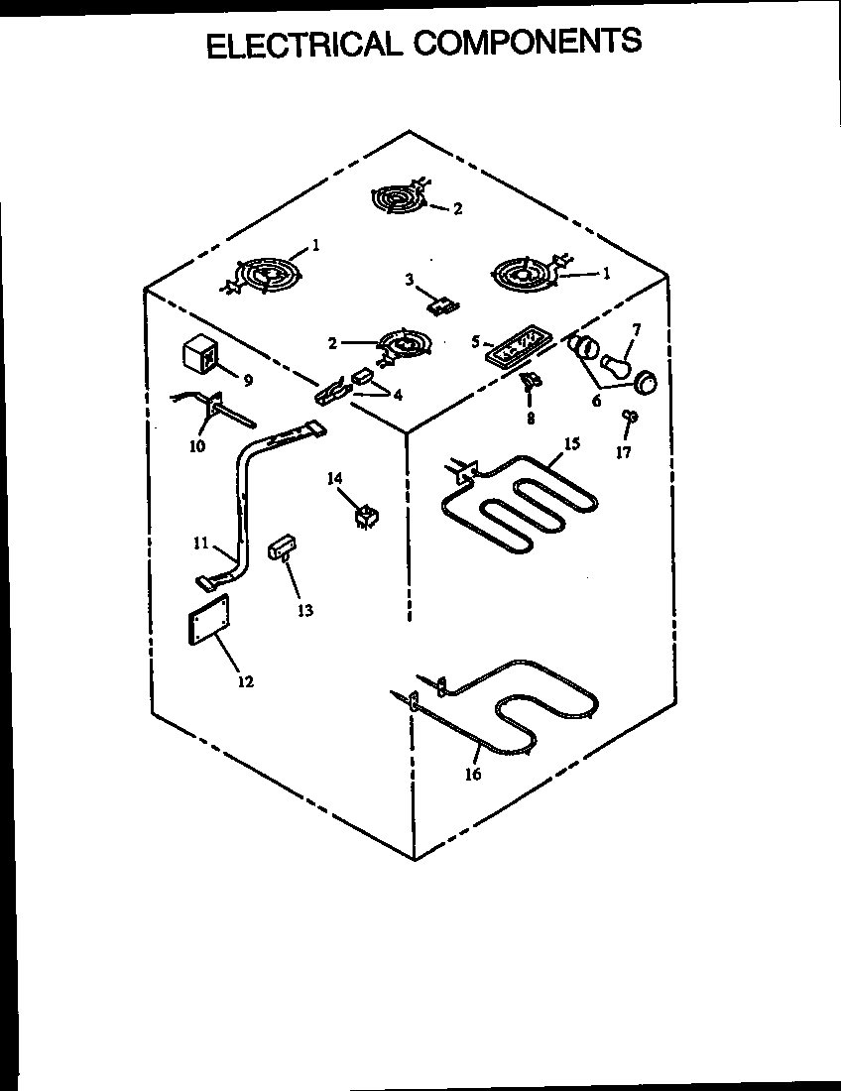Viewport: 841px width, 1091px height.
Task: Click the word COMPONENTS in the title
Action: coord(529,43)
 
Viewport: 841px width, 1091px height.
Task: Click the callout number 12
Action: coord(245,681)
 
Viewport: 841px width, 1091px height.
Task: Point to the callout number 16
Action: coord(473,774)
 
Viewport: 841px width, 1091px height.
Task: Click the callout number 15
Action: coord(572,444)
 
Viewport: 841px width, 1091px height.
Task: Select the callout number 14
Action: coord(336,479)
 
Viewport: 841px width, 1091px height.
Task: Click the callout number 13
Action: coord(305,611)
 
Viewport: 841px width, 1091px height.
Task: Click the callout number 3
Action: coord(410,280)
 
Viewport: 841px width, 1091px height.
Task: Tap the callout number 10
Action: coord(197,446)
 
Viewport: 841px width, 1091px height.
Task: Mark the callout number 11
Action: coord(201,544)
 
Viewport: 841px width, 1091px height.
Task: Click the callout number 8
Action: coord(531,418)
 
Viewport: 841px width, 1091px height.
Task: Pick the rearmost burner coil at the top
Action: coord(402,198)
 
